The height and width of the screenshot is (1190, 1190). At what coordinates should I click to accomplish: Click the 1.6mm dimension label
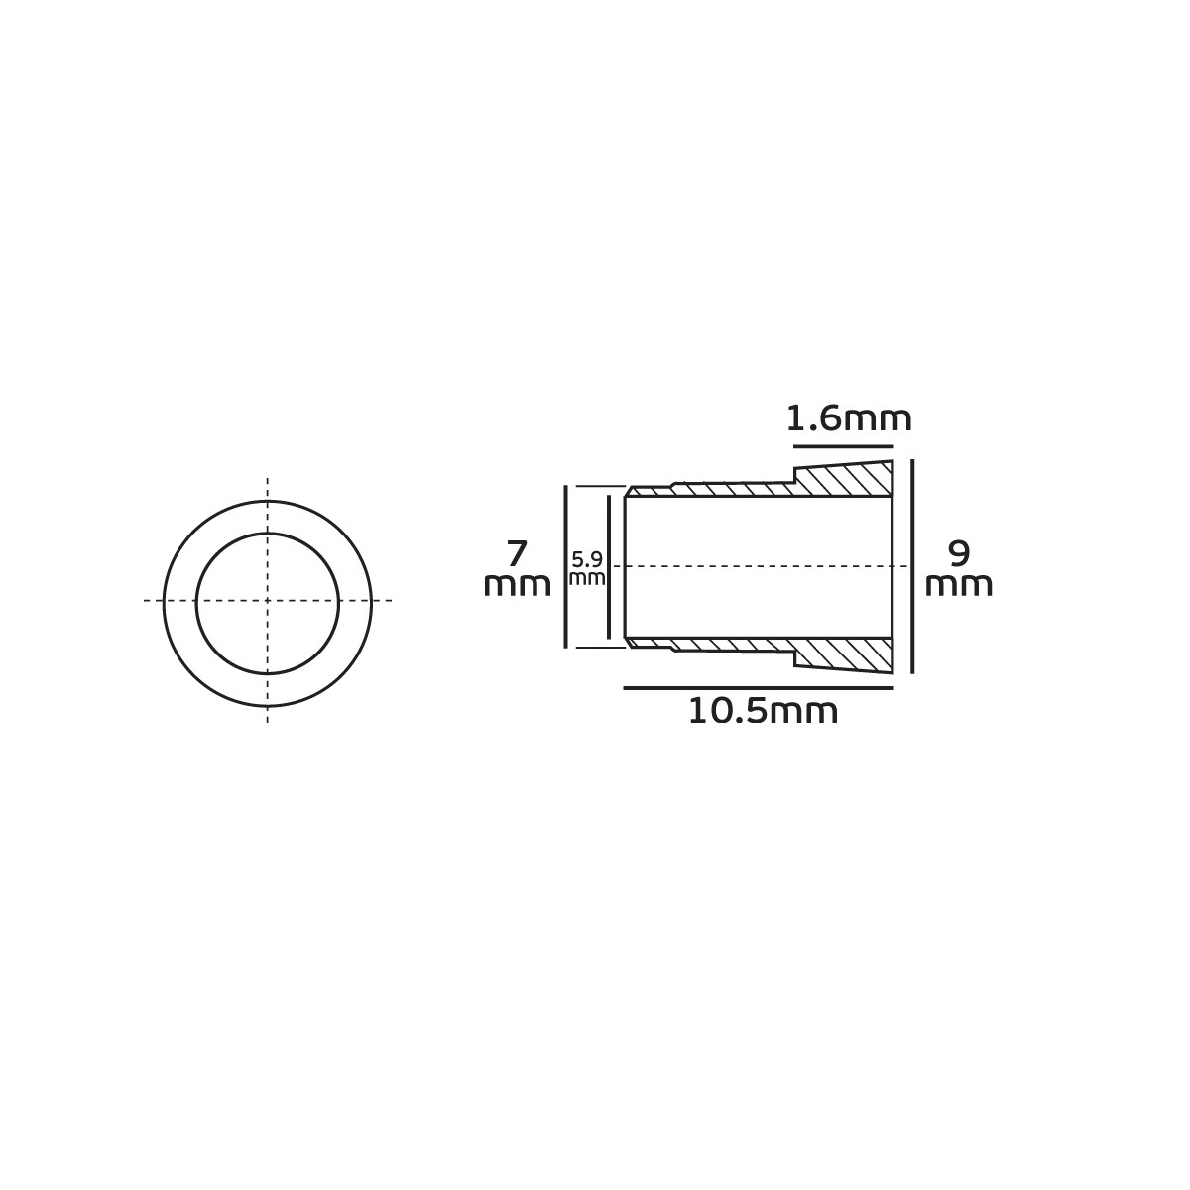click(x=848, y=419)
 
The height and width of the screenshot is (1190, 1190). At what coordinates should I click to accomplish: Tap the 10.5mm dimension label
click(x=763, y=712)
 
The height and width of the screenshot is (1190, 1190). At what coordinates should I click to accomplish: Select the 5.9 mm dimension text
click(x=587, y=569)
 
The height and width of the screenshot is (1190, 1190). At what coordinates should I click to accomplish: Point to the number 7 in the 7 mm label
click(x=517, y=553)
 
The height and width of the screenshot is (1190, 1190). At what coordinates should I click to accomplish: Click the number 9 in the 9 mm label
click(x=958, y=553)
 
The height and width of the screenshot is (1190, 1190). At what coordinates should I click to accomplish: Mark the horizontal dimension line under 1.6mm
click(x=844, y=446)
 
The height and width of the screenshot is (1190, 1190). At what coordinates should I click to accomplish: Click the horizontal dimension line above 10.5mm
click(x=759, y=687)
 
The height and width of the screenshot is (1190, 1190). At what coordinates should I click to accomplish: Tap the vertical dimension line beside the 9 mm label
click(x=912, y=566)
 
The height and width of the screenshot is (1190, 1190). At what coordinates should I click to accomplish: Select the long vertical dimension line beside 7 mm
click(x=565, y=566)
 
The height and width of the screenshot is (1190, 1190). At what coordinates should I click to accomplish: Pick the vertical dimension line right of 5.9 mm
click(x=609, y=566)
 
